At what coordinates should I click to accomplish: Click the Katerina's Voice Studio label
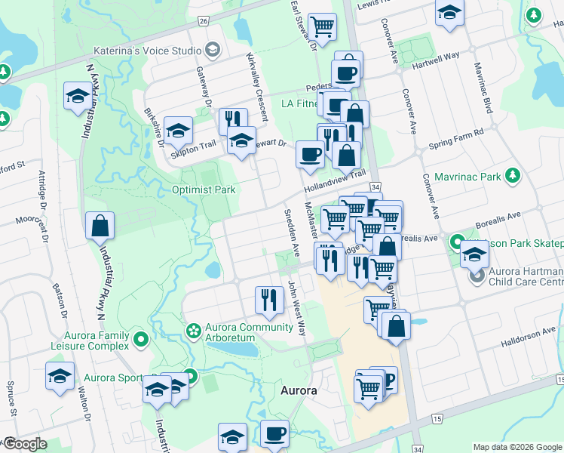(x=146, y=51)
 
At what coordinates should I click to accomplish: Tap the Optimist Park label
(x=204, y=190)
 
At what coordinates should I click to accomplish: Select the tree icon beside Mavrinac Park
(x=513, y=177)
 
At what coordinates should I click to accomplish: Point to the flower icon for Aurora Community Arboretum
(x=194, y=330)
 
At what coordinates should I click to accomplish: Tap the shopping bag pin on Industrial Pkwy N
(x=100, y=225)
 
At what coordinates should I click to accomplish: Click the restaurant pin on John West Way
(x=269, y=299)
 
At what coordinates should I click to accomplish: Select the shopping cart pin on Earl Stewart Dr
(x=322, y=26)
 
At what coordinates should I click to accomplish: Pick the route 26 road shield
(x=204, y=22)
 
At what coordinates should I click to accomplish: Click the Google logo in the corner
(x=25, y=444)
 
